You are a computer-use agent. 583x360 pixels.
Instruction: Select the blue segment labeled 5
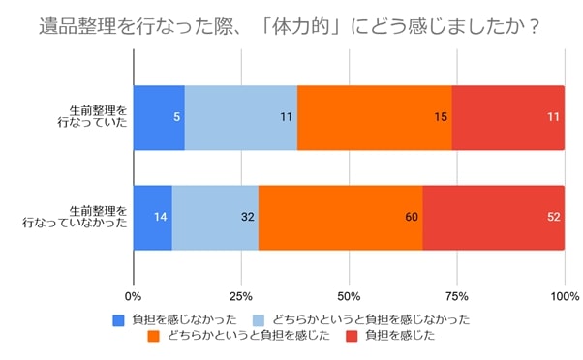pos(159,118)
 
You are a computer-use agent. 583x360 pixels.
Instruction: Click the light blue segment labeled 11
pos(240,118)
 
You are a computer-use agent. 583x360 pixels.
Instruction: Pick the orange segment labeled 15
pos(374,118)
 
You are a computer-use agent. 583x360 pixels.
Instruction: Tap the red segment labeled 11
pos(507,118)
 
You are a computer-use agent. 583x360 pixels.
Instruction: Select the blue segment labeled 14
pos(153,217)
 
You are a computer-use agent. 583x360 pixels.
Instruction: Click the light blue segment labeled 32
pos(215,217)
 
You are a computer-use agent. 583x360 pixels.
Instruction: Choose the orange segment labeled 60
pos(340,217)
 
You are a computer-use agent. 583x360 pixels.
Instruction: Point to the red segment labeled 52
pos(493,217)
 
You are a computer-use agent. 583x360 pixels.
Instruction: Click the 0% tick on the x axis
pos(135,295)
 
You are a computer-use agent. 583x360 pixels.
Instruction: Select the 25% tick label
pos(241,295)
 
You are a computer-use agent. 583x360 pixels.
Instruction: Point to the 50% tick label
pos(350,295)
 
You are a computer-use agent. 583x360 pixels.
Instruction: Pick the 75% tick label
pos(457,295)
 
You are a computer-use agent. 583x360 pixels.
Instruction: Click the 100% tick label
pos(564,295)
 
